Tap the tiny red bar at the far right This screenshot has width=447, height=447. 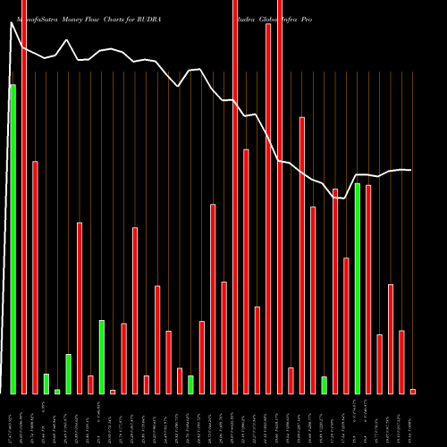413,392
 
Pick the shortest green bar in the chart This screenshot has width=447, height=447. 57,392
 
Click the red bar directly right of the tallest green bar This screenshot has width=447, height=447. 24,197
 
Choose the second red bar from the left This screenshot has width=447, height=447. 35,277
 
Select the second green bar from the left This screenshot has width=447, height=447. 46,384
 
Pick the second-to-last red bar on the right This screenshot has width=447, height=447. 401,362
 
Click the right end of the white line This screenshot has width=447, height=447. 410,170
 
